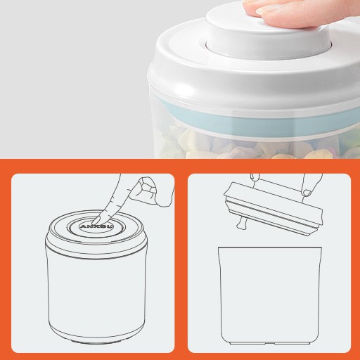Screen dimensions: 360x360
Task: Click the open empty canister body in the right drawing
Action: [271, 295]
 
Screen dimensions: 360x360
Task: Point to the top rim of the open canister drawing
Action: [271, 248]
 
